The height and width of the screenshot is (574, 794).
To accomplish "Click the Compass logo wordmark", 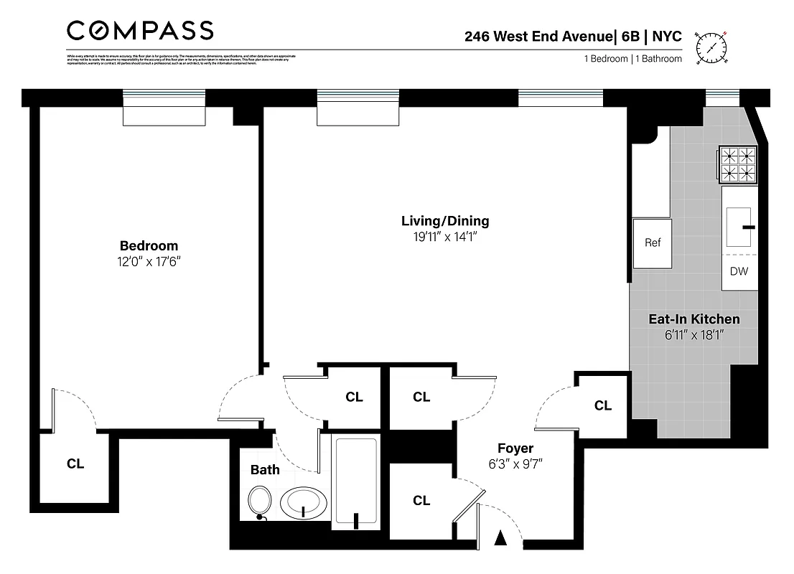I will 140,30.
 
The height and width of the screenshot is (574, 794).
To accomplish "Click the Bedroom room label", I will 149,246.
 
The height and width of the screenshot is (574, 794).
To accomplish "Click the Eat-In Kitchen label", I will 693,319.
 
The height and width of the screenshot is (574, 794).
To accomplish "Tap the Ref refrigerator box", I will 652,243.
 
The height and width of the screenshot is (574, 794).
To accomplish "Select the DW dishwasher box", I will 739,271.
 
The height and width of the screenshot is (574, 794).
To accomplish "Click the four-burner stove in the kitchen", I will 739,164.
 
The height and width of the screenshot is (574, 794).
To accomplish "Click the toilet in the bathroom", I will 260,500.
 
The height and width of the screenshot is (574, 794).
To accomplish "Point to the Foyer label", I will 516,449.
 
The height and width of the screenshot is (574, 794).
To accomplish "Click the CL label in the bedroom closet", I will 75,464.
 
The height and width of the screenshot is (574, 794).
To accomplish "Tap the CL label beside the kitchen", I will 603,405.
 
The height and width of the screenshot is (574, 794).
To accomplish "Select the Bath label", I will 265,471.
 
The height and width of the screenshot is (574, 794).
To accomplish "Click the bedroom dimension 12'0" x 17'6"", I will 149,262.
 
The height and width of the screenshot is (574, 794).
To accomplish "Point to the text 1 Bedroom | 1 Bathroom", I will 632,59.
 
